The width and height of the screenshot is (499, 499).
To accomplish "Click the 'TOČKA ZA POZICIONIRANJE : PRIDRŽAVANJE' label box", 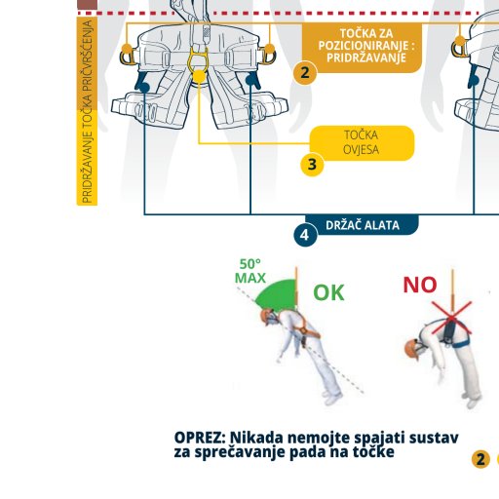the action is click(362, 47).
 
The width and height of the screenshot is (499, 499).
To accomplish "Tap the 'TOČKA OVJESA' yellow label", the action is click(362, 142).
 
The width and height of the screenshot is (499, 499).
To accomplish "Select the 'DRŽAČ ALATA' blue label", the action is click(362, 225).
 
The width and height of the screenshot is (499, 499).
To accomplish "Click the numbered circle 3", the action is click(312, 165).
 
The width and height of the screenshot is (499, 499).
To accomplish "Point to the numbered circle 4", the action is click(305, 235).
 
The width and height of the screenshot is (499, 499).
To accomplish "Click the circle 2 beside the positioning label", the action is click(305, 73).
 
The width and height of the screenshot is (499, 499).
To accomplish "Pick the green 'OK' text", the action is click(328, 292).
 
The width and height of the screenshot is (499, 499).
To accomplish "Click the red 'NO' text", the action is click(420, 285).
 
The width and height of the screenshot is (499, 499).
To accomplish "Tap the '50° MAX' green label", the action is click(250, 271).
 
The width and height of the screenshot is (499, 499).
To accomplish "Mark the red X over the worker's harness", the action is click(451, 318).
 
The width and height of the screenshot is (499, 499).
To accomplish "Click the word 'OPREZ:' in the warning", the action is click(200, 438).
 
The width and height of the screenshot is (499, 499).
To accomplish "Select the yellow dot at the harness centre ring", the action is click(200, 76).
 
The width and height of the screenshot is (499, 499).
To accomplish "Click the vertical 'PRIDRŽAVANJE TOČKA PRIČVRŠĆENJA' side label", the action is click(87, 111).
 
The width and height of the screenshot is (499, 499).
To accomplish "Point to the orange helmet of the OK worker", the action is click(265, 314).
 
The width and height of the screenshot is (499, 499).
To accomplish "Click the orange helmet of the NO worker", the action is click(410, 348).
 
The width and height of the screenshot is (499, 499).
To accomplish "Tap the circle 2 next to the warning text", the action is click(480, 459).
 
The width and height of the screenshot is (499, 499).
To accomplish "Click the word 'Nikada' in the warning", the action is click(256, 438).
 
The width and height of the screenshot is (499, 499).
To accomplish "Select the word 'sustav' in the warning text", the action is click(434, 438).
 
